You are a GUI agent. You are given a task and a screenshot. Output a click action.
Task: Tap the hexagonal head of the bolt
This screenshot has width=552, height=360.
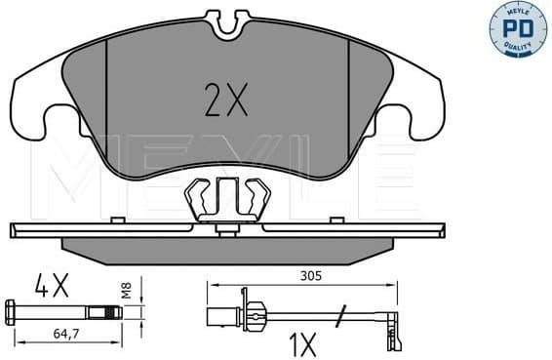coord(13,312)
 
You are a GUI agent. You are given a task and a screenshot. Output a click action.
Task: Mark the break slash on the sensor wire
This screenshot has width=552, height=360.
coord(340,314)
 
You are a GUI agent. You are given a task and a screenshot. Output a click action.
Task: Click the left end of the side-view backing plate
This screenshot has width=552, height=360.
coord(14,231)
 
